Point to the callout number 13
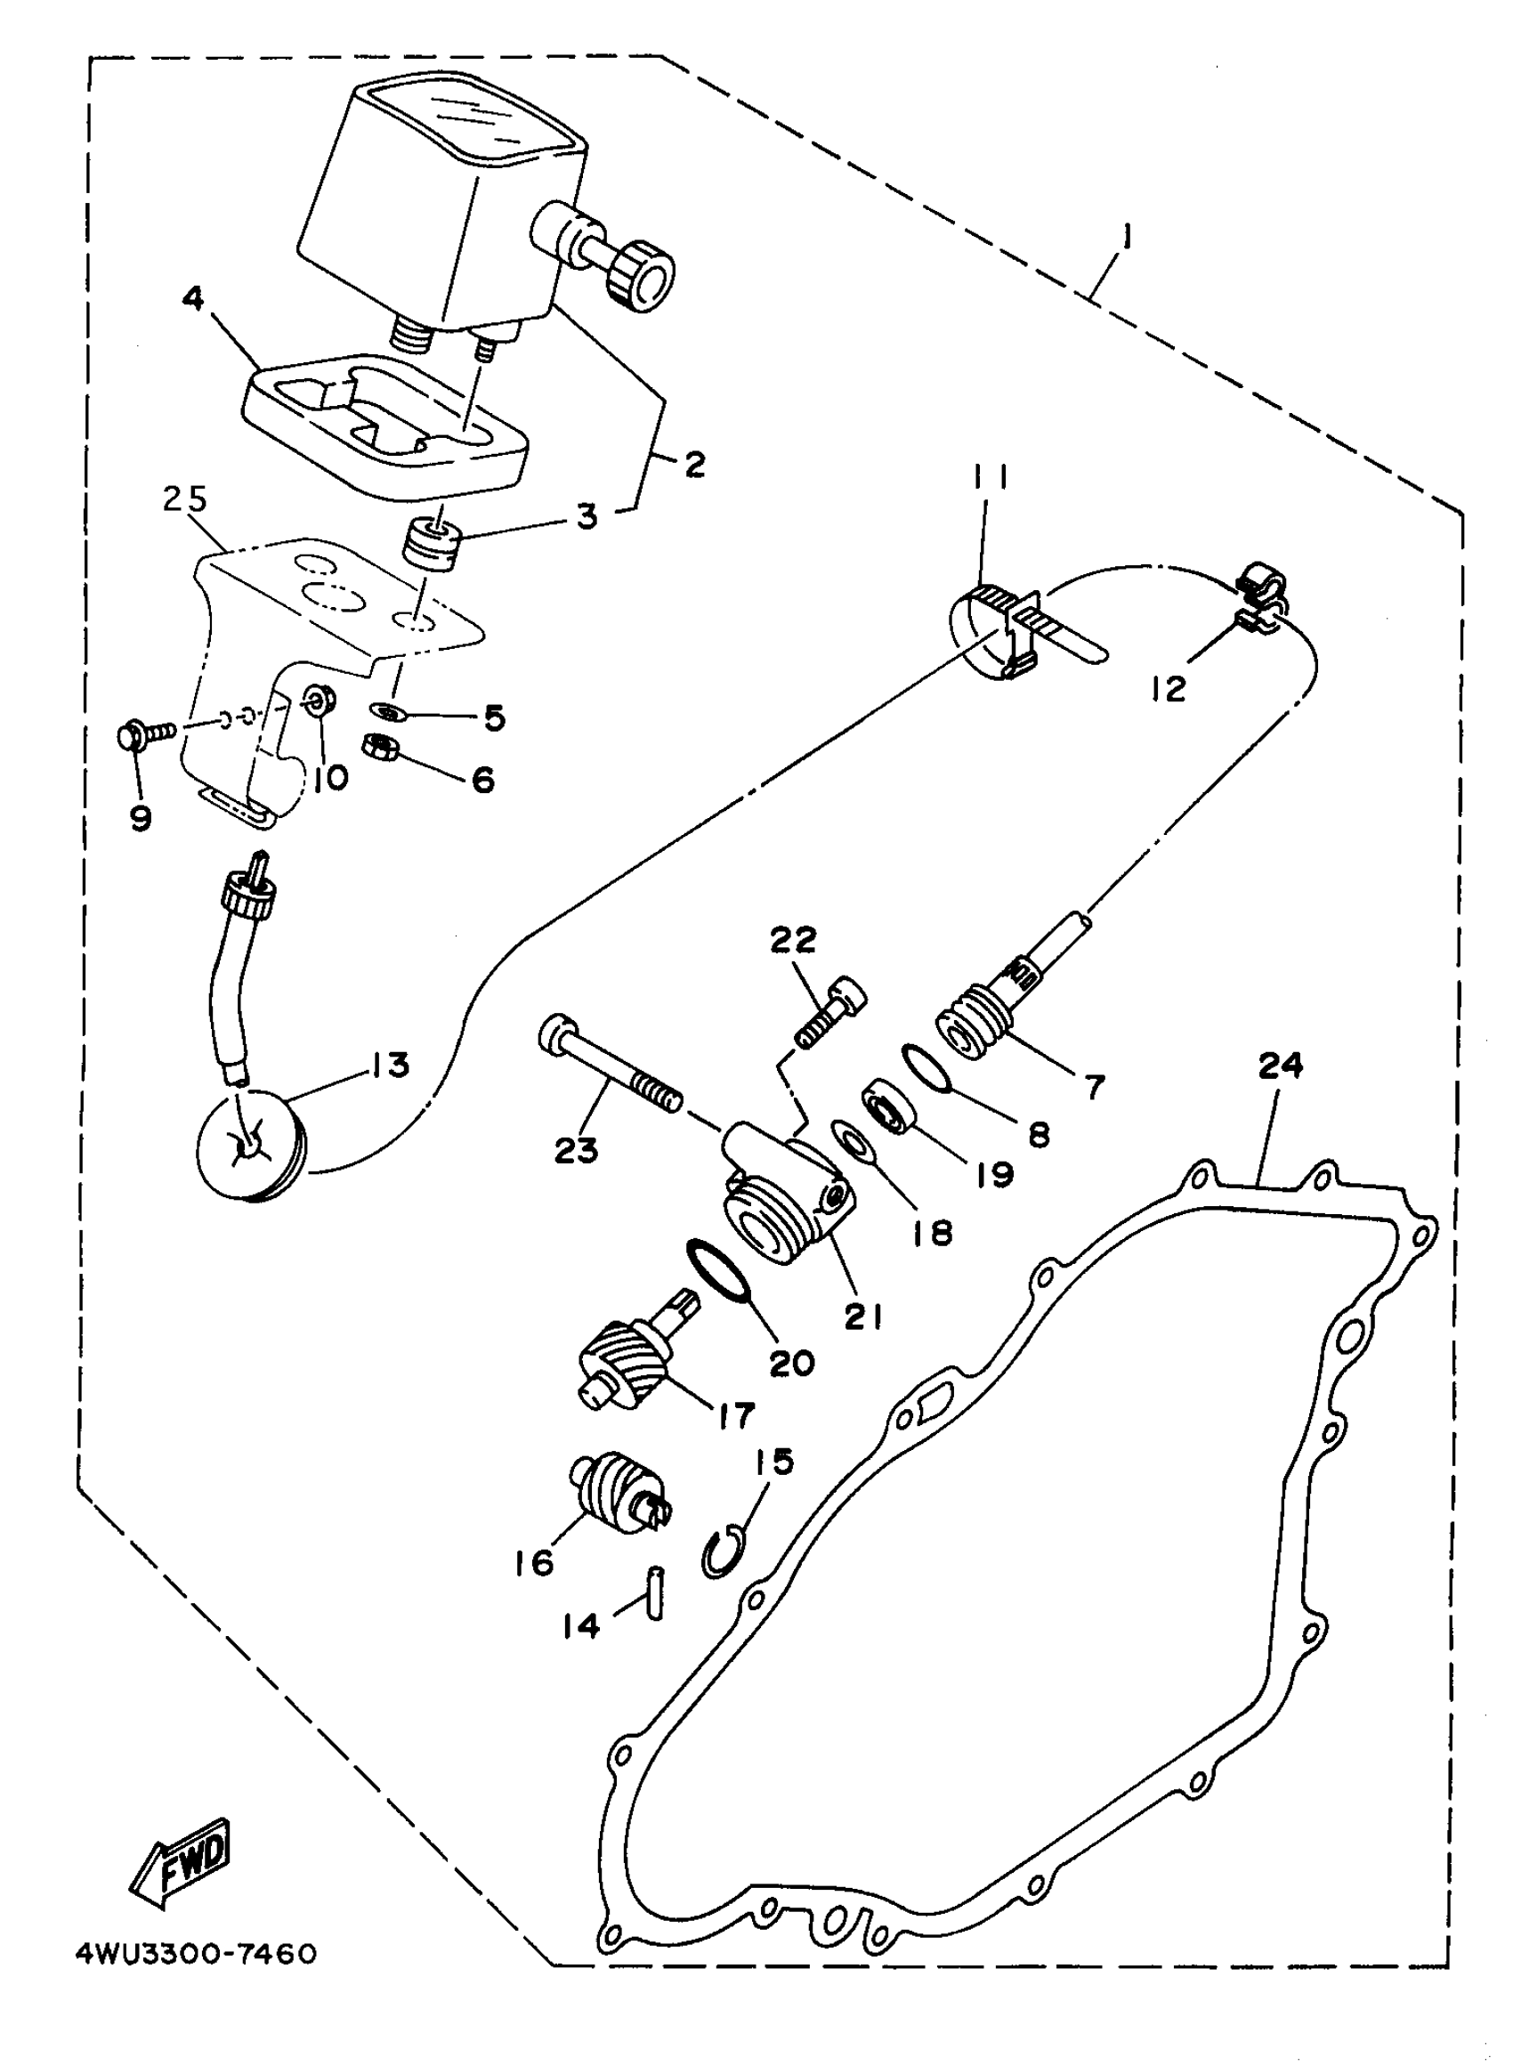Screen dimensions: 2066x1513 coord(390,1065)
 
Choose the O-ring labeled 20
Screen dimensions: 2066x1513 coord(719,1270)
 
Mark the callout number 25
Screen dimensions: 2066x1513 coord(185,500)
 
